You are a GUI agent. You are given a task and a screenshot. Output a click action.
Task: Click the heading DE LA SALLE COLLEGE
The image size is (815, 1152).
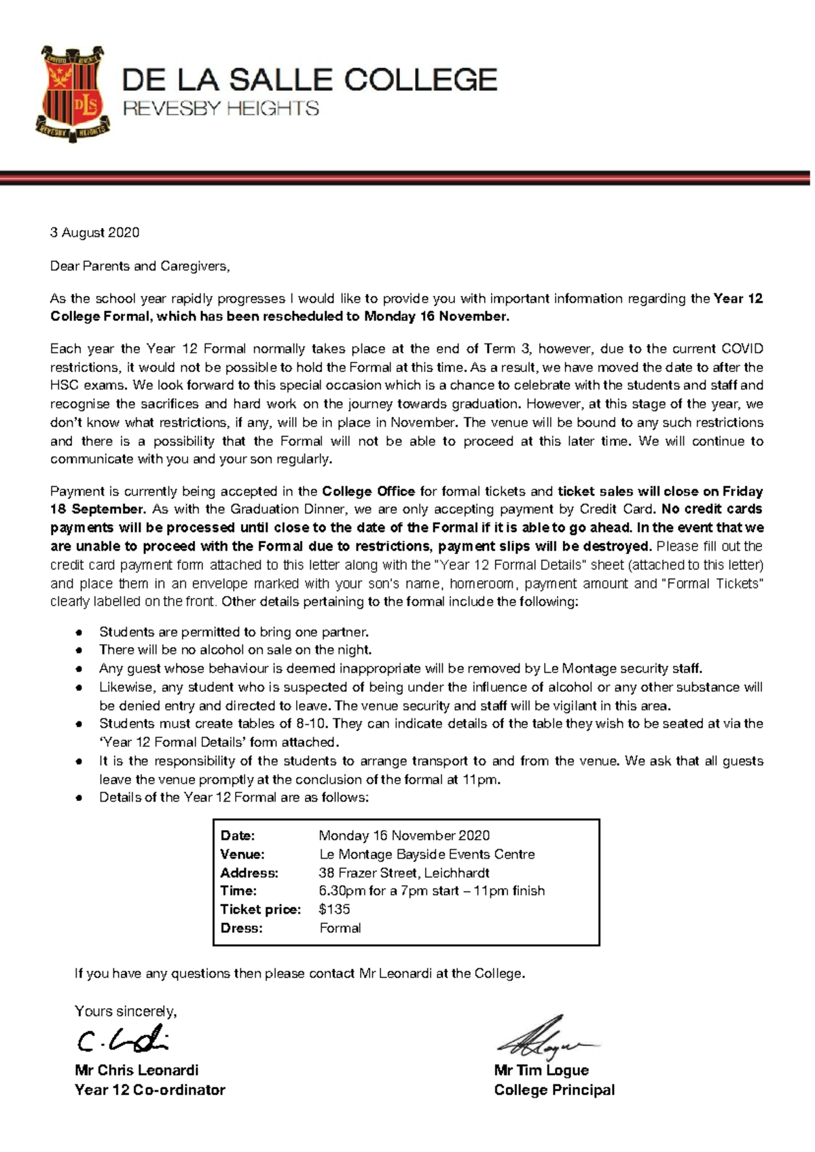[310, 80]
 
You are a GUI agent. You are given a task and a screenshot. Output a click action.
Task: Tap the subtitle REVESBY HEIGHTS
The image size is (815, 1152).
[220, 109]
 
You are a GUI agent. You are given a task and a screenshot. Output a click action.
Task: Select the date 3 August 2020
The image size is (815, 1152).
[94, 233]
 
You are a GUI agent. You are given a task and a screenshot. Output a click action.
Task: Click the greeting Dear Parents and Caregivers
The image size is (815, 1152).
[140, 266]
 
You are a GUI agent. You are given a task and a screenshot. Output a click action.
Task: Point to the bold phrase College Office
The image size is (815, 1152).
[368, 491]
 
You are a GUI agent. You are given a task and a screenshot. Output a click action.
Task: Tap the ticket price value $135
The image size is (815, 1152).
[334, 909]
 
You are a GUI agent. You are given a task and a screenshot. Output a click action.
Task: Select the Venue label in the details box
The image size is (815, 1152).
[242, 854]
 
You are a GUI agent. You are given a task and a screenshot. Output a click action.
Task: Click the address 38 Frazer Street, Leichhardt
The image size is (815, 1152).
[404, 873]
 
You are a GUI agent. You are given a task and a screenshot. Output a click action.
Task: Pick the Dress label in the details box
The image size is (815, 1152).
[241, 928]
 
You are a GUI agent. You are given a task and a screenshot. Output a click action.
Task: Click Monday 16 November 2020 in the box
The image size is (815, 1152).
[404, 836]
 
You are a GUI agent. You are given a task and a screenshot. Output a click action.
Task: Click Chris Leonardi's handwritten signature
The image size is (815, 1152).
[122, 1039]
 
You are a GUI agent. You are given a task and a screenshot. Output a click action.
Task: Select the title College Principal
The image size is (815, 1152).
[554, 1090]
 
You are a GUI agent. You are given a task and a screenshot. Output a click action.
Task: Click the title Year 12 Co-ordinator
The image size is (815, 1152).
[149, 1090]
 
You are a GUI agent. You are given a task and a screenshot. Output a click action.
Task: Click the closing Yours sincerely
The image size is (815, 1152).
[126, 1011]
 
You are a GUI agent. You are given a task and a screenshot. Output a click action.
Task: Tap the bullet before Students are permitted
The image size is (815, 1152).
[79, 633]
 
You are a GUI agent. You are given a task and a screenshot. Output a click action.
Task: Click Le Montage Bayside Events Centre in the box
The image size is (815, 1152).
[427, 854]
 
